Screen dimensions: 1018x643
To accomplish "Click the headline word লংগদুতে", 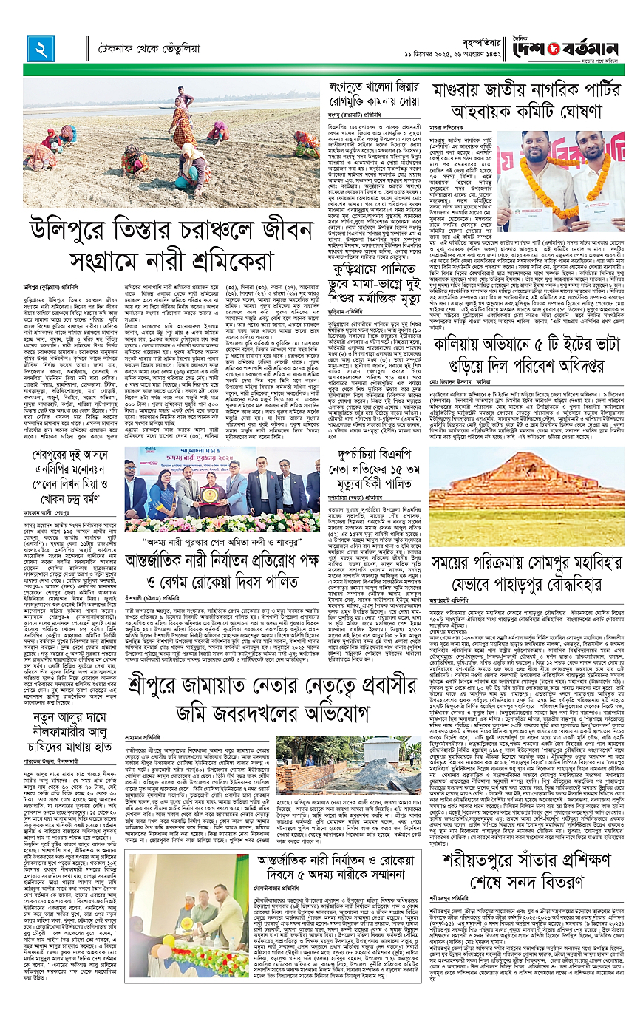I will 355,87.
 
